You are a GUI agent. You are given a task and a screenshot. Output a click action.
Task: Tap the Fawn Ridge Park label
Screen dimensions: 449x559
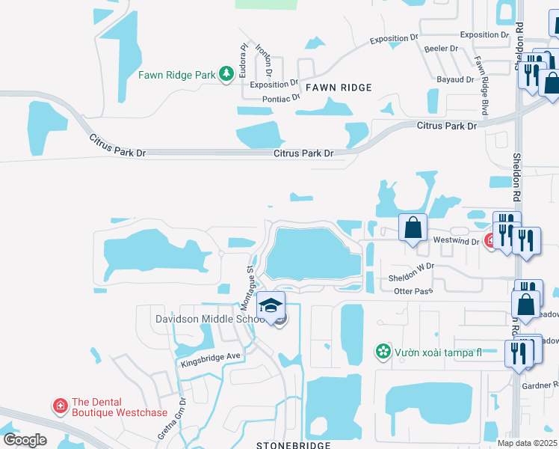[x=176, y=75]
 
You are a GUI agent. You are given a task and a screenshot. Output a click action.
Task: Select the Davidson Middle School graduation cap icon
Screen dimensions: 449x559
[x=271, y=305]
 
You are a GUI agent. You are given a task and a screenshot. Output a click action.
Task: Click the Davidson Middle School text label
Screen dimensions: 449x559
[x=206, y=319]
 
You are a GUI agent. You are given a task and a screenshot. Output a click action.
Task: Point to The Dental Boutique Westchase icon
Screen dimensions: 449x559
[x=59, y=406]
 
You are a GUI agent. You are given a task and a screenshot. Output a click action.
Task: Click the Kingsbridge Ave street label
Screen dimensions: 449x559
[x=211, y=359]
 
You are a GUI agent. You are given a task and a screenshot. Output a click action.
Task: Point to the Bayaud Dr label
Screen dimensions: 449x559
[x=456, y=79]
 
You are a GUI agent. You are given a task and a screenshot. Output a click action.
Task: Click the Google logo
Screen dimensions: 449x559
[x=25, y=439]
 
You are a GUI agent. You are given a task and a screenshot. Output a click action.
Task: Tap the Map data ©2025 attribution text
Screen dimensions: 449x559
[x=528, y=443]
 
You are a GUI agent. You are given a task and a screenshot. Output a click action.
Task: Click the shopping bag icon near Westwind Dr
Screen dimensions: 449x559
[x=412, y=227]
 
